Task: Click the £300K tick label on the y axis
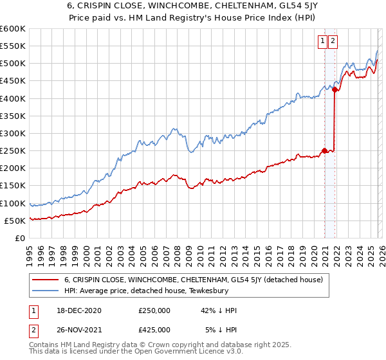point(13,134)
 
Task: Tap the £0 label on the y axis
point(19,239)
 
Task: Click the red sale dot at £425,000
point(335,90)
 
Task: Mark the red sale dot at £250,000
point(324,151)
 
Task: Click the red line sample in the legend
point(46,280)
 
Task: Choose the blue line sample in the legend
point(46,290)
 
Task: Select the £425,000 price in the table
point(154,329)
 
